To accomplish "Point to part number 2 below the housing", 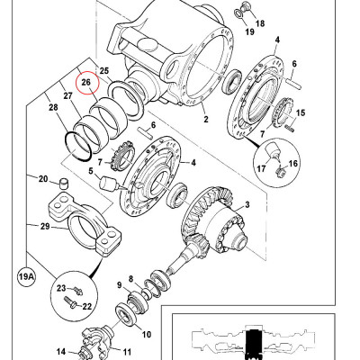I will click(x=205, y=118).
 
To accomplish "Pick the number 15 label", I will click(x=301, y=113).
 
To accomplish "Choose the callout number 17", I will click(x=261, y=166).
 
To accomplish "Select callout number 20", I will click(x=42, y=178).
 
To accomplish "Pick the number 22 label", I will click(x=88, y=306).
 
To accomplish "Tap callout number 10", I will click(x=146, y=335).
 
